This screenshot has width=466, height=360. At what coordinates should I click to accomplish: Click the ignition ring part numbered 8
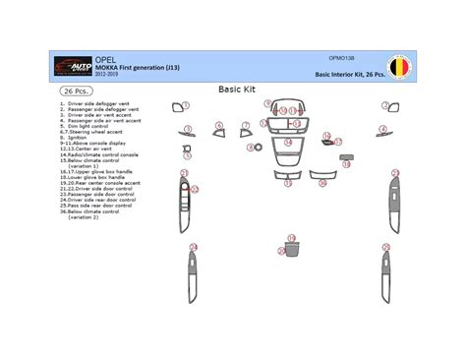[255, 150]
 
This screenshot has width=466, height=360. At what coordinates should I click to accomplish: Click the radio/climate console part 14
[288, 146]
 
